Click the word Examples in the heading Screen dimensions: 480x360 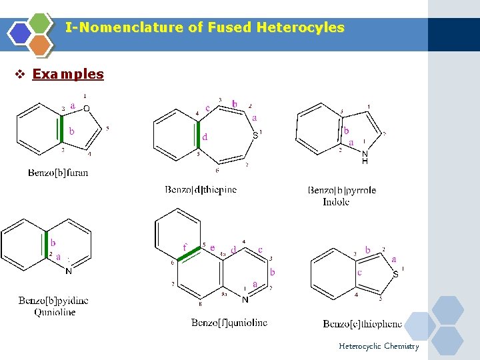(x=68, y=74)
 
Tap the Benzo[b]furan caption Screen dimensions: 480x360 (x=58, y=173)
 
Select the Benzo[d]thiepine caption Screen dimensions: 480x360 (x=201, y=189)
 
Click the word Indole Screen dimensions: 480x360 (x=336, y=201)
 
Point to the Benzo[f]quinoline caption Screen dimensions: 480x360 (x=229, y=323)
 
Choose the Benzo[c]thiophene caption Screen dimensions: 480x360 (x=363, y=324)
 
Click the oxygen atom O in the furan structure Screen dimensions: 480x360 (x=87, y=109)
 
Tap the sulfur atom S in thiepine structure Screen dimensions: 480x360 (x=255, y=135)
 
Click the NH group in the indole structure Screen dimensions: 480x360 (x=365, y=157)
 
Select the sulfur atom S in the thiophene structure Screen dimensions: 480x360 (x=395, y=274)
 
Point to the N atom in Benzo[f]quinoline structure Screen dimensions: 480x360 (x=245, y=299)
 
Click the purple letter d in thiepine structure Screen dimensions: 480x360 (x=205, y=137)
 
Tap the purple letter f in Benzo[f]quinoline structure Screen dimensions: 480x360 (x=185, y=247)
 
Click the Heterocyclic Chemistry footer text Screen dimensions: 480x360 (x=379, y=346)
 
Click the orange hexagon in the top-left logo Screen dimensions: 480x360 (x=40, y=45)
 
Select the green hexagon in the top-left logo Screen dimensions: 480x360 (x=40, y=23)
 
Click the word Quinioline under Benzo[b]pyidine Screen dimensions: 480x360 (x=55, y=311)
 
